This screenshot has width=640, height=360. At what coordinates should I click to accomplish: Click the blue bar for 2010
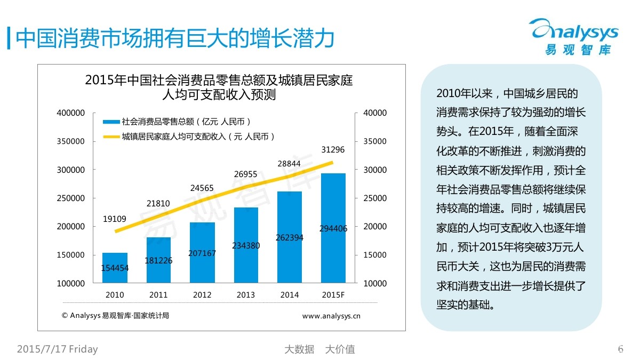pyautogui.click(x=115, y=268)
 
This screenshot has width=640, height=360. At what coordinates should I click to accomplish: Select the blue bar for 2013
pyautogui.click(x=246, y=245)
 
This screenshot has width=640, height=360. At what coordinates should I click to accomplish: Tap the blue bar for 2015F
pyautogui.click(x=333, y=228)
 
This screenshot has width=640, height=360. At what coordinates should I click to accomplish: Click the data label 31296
pyautogui.click(x=333, y=150)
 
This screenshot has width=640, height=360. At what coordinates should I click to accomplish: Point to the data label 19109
pyautogui.click(x=115, y=219)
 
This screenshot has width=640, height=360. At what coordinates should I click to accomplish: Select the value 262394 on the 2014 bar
pyautogui.click(x=290, y=238)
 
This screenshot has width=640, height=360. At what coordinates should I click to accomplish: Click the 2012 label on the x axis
pyautogui.click(x=202, y=295)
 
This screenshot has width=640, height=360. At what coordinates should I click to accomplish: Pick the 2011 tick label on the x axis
pyautogui.click(x=158, y=295)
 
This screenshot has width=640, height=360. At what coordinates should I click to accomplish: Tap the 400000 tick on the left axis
pyautogui.click(x=71, y=114)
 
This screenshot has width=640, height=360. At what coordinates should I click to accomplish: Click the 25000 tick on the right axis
pyautogui.click(x=375, y=198)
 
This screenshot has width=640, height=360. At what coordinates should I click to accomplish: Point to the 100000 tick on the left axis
pyautogui.click(x=71, y=284)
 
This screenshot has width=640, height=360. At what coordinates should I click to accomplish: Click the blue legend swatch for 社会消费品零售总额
pyautogui.click(x=111, y=122)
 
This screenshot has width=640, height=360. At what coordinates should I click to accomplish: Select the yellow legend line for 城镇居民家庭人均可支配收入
pyautogui.click(x=111, y=137)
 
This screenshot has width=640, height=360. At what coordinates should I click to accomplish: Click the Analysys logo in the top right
pyautogui.click(x=574, y=36)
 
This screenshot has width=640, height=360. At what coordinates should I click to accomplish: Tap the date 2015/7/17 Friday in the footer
pyautogui.click(x=58, y=349)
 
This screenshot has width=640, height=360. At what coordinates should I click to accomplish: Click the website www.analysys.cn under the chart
pyautogui.click(x=331, y=316)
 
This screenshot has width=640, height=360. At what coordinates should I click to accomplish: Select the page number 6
pyautogui.click(x=620, y=349)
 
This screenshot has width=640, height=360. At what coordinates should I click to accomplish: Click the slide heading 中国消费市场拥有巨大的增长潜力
pyautogui.click(x=176, y=38)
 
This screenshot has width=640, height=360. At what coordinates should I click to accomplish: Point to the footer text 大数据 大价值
pyautogui.click(x=319, y=349)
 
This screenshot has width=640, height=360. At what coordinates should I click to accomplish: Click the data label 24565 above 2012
pyautogui.click(x=202, y=188)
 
